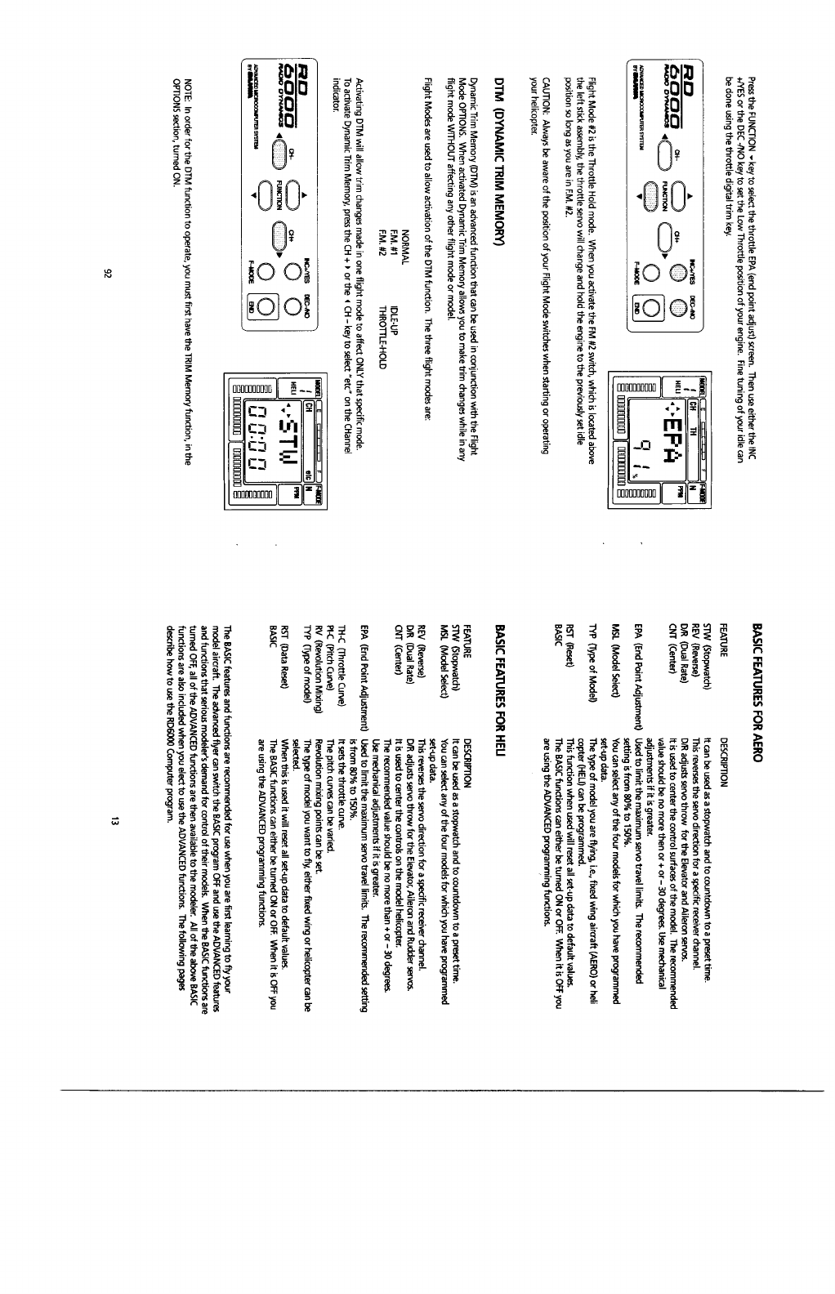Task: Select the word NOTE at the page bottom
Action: click(189, 82)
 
